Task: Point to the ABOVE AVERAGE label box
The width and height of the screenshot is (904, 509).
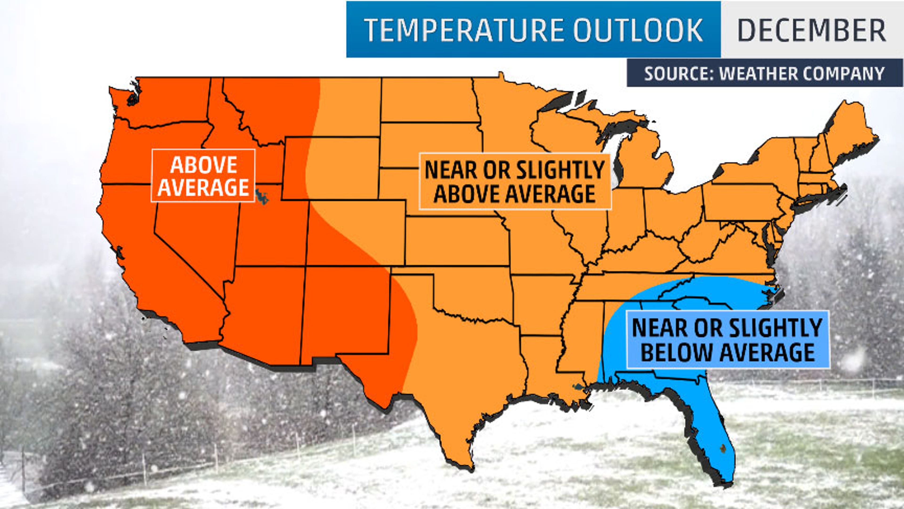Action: pos(203,176)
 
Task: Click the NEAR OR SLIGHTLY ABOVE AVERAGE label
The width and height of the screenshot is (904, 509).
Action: pos(515,182)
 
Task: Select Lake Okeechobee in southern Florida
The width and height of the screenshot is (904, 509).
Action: pos(722,447)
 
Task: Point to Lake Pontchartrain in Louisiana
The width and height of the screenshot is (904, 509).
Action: pos(578,387)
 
